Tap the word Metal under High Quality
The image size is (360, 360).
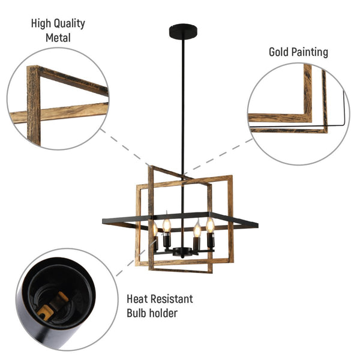[x=58, y=38]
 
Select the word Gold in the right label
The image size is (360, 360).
[x=280, y=52]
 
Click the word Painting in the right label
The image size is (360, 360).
[x=311, y=53]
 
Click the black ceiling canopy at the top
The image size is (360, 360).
[x=183, y=28]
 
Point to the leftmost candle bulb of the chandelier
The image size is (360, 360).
[x=154, y=229]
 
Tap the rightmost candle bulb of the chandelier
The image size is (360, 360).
[x=211, y=225]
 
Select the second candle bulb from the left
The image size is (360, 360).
[x=167, y=224]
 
